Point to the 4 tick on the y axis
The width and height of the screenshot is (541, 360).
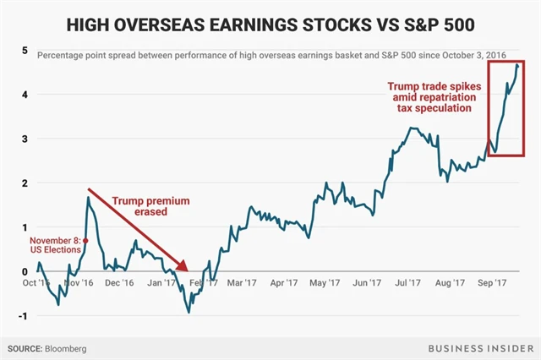(25, 95)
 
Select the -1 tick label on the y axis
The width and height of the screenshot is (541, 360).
(23, 315)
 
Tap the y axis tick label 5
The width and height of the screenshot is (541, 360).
(25, 51)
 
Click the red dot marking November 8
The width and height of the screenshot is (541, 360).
(85, 240)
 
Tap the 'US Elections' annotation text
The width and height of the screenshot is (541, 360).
(56, 250)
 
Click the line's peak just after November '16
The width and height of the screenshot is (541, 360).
(88, 198)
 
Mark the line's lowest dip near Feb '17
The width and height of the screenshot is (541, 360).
(189, 312)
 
